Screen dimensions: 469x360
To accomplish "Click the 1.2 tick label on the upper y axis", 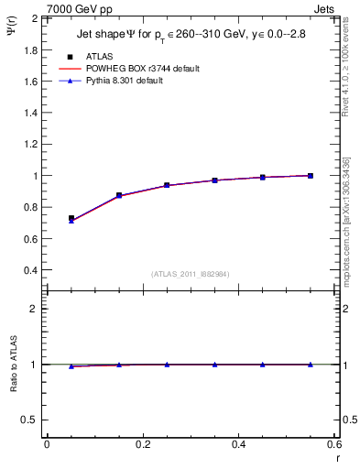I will [x=29, y=144].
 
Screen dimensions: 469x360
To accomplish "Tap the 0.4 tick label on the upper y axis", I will [x=29, y=270].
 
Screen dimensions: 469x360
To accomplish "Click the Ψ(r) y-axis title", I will [x=10, y=37].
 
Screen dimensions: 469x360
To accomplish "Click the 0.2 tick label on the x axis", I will [x=142, y=445].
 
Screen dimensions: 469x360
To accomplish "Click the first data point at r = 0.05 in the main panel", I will [x=71, y=219].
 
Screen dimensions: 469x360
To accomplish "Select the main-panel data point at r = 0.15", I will [x=119, y=195].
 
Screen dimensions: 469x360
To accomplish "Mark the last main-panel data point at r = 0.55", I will [x=311, y=176].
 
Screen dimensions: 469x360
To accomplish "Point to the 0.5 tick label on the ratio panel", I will [x=29, y=420].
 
